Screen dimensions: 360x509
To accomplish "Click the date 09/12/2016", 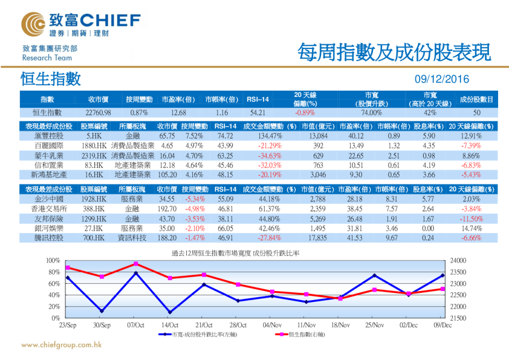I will (x=442, y=79).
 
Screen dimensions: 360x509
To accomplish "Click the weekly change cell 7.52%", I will (x=193, y=136).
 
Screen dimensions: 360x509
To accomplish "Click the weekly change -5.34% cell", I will (x=193, y=198).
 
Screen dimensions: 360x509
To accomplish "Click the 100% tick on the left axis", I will (x=52, y=260).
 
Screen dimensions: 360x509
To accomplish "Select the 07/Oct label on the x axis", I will (x=136, y=325).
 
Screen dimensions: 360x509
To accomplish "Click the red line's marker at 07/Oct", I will (x=136, y=264).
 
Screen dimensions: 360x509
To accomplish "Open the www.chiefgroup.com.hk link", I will (x=60, y=345).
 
